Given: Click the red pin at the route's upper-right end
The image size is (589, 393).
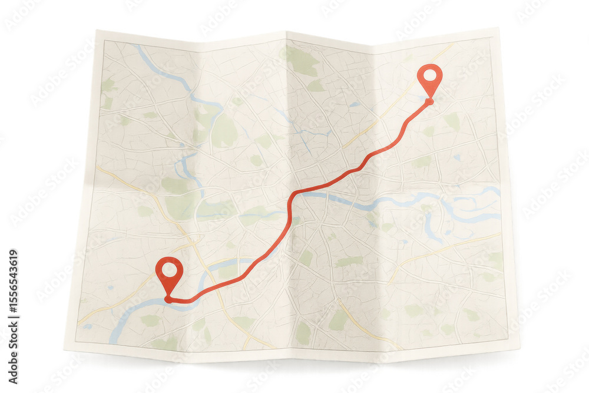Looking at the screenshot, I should [x=430, y=79].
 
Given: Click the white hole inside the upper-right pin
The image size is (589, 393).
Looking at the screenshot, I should [x=430, y=75].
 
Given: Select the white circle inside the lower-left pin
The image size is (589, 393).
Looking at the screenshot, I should [x=169, y=269].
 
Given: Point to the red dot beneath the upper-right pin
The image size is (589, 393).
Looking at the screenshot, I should [x=429, y=102].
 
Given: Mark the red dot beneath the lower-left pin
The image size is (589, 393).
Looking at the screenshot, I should [x=168, y=300].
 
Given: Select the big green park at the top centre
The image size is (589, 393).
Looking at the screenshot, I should [x=302, y=61].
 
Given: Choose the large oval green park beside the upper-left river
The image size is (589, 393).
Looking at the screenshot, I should [x=224, y=131].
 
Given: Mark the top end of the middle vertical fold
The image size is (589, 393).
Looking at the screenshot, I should [x=287, y=32].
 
